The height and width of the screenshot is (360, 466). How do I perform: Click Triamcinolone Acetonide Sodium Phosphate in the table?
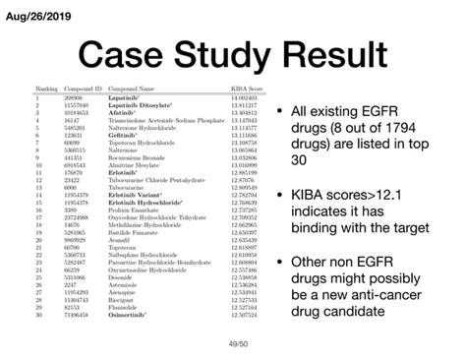[156, 121]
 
